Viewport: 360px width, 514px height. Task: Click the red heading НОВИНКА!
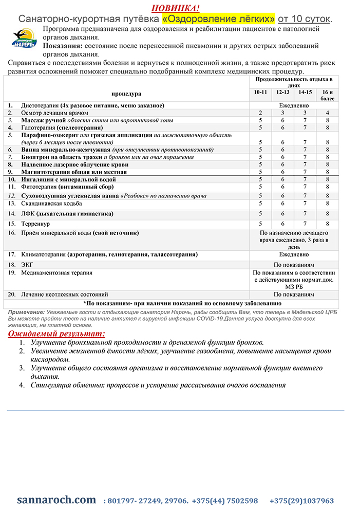[176, 8]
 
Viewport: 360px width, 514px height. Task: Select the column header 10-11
[260, 92]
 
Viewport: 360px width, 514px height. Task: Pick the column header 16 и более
[327, 95]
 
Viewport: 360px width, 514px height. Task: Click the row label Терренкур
[36, 224]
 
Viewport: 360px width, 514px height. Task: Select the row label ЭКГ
[27, 264]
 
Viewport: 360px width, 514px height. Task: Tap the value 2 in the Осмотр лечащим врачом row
[260, 113]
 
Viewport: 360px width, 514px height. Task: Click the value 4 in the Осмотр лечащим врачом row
[327, 113]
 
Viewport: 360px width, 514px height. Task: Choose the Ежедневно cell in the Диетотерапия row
[294, 105]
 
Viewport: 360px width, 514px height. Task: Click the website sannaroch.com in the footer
[56, 500]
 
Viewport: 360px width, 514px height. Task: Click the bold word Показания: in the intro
[66, 46]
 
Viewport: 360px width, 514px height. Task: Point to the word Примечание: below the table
[26, 312]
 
